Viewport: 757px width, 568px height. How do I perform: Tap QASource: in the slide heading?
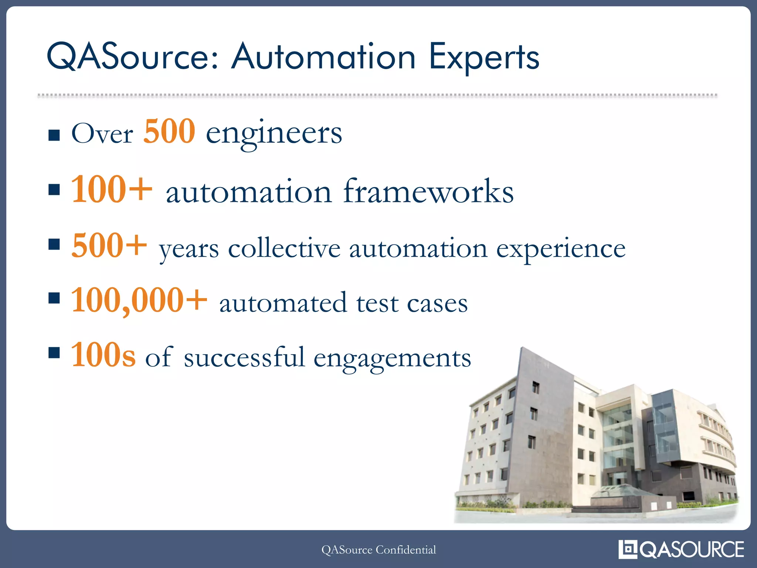(x=133, y=57)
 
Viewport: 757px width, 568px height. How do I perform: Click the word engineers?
(x=274, y=134)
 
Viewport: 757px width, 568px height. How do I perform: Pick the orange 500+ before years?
(x=109, y=246)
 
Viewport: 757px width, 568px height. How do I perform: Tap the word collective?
(x=284, y=248)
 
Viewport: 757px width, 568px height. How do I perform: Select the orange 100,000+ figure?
(x=139, y=301)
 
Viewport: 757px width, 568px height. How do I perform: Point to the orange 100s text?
(x=103, y=355)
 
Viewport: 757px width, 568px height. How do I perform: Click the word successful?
(x=244, y=358)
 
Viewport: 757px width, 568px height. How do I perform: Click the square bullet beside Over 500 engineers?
(x=54, y=135)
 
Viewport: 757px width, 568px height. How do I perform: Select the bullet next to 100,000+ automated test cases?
(x=54, y=298)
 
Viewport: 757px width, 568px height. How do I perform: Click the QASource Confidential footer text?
(x=378, y=550)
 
